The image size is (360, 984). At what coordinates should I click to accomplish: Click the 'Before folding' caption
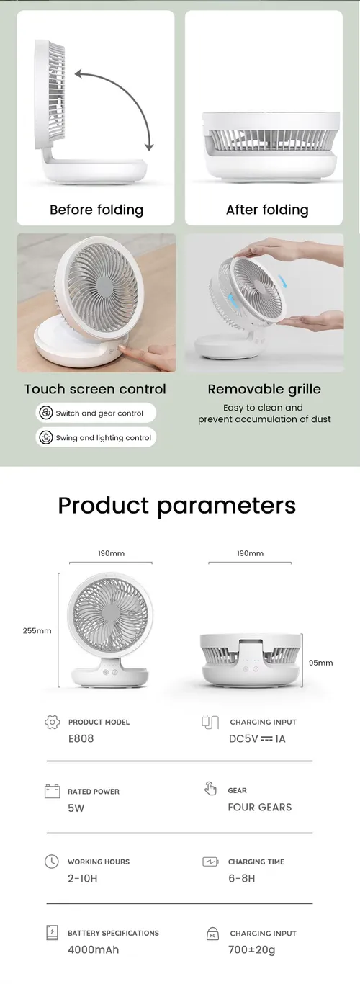[x=96, y=210]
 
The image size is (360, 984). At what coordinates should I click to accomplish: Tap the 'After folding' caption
[x=267, y=210]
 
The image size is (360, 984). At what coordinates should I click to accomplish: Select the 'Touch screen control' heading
[x=95, y=389]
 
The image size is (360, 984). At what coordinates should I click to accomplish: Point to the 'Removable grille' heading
[x=264, y=389]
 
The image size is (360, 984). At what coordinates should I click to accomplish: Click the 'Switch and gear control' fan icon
[x=46, y=413]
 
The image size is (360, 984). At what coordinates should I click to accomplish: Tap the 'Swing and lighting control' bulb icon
[x=46, y=437]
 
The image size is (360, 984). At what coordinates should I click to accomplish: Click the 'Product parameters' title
[x=177, y=506]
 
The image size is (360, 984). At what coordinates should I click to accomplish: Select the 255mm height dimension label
[x=37, y=631]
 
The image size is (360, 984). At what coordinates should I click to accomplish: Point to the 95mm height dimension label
[x=321, y=663]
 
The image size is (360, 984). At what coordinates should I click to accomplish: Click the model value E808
[x=81, y=738]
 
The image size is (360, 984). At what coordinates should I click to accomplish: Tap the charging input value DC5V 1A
[x=257, y=739]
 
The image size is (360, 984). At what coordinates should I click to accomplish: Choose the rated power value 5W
[x=76, y=808]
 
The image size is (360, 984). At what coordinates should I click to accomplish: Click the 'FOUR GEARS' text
[x=260, y=807]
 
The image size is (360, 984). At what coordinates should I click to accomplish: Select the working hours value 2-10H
[x=83, y=878]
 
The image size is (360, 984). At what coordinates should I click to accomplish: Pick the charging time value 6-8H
[x=241, y=878]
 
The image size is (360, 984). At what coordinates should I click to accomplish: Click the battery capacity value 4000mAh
[x=93, y=949]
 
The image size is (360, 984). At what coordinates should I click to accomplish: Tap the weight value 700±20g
[x=251, y=949]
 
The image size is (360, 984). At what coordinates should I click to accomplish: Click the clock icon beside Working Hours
[x=52, y=862]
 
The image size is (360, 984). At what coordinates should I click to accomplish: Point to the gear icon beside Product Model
[x=53, y=722]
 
